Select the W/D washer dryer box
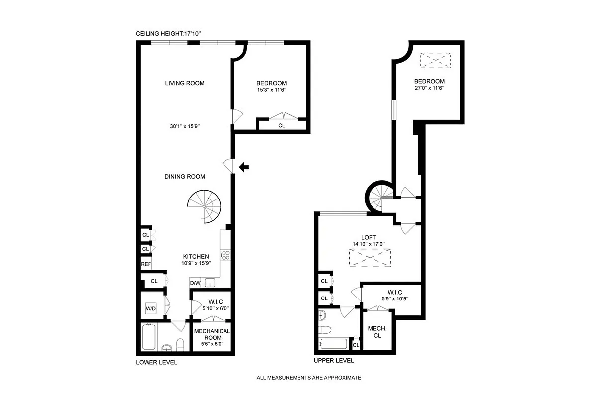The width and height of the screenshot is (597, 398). pos(150,309)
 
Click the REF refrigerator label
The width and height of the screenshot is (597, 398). pos(146,264)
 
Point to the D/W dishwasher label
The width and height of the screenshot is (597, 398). pos(195,283)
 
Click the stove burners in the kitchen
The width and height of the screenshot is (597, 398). pos(225,256)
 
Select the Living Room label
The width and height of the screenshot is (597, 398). pos(185,83)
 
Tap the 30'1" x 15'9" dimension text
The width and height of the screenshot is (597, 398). pos(185,126)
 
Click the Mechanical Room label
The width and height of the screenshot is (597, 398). pos(212,334)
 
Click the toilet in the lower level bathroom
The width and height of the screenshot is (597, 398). pos(180,344)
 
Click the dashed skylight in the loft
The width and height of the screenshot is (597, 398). pos(370,258)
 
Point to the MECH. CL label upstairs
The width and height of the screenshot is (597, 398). pos(377,332)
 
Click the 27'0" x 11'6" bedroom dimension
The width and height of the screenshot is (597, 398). pos(429,88)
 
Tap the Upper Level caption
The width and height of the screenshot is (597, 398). pos(334,360)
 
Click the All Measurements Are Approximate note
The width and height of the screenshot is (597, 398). pos(308,378)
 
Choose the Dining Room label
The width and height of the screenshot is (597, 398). pos(185,176)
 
